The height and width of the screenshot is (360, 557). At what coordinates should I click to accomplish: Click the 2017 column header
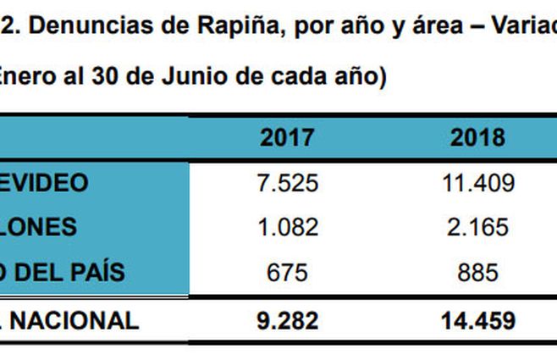pos(287,138)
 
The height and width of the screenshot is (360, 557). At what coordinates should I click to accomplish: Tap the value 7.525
pos(287,182)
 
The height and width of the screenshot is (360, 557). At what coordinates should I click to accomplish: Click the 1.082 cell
pos(287,227)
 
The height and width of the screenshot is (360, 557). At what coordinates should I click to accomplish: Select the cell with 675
pos(287,272)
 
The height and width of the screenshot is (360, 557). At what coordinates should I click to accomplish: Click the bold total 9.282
pos(287,320)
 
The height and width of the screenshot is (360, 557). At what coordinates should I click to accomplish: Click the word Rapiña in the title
pos(229,26)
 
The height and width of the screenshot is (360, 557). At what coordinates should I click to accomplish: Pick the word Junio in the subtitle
pos(207,75)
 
